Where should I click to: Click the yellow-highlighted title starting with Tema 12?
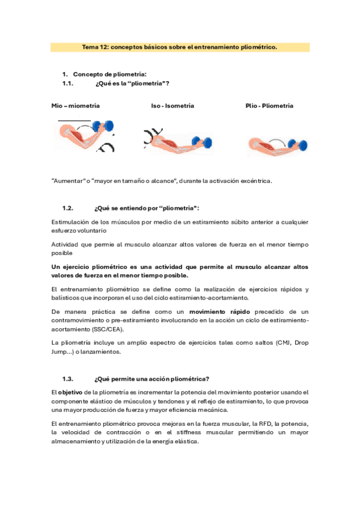coord(179,46)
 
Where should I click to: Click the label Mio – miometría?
coord(76,106)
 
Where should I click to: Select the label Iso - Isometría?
coord(172,106)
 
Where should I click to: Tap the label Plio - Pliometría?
coord(269,106)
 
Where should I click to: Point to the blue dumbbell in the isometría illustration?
coord(206,143)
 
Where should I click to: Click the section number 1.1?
coord(67,84)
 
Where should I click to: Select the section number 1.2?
coord(67,208)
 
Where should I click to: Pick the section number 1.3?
coord(67,379)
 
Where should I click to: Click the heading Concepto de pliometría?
coord(100,74)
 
